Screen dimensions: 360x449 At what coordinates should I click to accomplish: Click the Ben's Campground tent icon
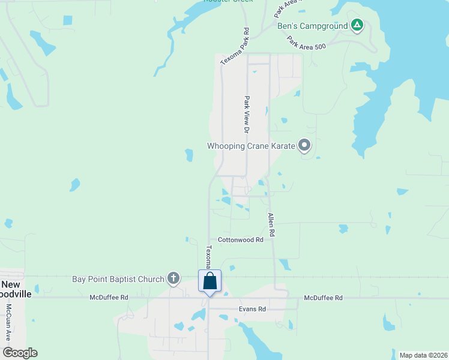pos(357,25)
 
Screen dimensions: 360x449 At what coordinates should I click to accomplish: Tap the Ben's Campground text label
pos(312,26)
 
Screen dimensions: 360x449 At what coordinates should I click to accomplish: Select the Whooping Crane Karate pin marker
pos(304,145)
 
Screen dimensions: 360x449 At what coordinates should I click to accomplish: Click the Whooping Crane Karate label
pos(251,146)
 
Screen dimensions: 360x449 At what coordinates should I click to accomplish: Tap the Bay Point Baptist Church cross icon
pos(173,278)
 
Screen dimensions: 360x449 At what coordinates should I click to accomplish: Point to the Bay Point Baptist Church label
pos(118,279)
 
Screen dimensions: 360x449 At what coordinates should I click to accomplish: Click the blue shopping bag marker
pos(209,281)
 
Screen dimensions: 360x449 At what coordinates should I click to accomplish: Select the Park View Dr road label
pos(246,114)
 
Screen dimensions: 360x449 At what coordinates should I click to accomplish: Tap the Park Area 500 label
pos(306,43)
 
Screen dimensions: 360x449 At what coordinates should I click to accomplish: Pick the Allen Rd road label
pos(271,224)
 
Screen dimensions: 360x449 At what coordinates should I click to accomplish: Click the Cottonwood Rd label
pos(241,239)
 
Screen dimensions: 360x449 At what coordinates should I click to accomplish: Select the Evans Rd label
pos(253,309)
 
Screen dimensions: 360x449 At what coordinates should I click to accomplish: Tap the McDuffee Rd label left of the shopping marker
pos(109,297)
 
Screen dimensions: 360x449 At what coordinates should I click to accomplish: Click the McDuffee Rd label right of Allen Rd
pos(323,298)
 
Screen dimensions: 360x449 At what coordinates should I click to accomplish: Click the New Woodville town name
pos(16,289)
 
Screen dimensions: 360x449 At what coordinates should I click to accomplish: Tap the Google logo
pos(20,353)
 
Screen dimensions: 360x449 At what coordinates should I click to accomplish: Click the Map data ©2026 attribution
pos(423,355)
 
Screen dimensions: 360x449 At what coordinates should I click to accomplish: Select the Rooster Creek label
pos(228,1)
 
